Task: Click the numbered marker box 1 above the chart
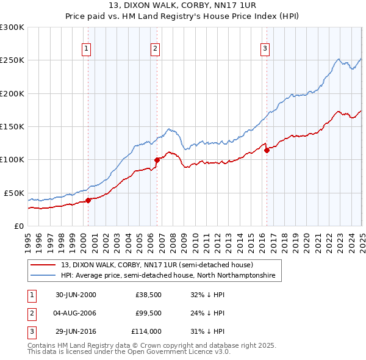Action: tap(86, 49)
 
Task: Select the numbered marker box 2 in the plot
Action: tap(156, 49)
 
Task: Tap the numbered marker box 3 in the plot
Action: tap(265, 49)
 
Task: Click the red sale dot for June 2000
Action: tap(88, 200)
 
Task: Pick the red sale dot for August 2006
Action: tap(157, 160)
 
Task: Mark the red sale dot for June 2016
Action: tap(267, 151)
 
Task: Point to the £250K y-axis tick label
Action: tap(12, 60)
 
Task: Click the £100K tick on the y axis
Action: tap(12, 160)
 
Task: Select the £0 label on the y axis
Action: tap(18, 226)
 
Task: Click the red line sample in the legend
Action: tap(43, 265)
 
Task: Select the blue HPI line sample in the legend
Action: tap(43, 276)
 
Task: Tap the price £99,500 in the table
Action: tap(148, 314)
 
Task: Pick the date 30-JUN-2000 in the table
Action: tap(76, 295)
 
